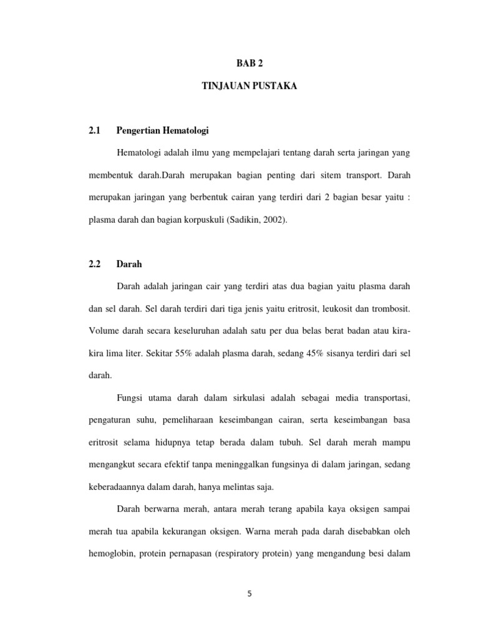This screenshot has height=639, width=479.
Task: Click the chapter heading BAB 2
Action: point(249,63)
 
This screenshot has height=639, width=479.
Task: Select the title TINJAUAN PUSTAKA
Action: point(249,87)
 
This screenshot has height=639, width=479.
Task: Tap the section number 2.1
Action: point(95,130)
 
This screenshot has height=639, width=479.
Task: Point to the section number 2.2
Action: point(95,264)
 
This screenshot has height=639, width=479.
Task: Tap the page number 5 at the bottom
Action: point(249,593)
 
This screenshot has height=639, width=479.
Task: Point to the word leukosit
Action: point(335,308)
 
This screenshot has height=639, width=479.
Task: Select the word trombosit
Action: point(392,308)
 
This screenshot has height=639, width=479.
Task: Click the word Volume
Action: point(103,331)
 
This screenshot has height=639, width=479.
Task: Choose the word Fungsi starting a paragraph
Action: point(130,398)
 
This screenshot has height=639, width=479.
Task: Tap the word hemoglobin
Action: point(111,554)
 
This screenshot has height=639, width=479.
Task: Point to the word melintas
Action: point(249,487)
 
